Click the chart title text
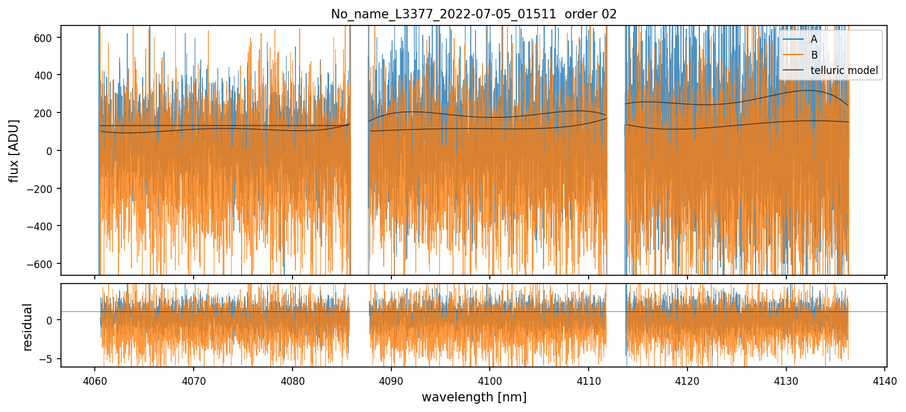[x=474, y=14]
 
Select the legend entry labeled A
[x=814, y=39]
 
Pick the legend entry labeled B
[x=814, y=55]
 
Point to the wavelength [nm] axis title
[x=474, y=397]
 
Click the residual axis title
[x=27, y=326]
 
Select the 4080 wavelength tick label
[x=292, y=379]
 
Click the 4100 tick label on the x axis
[x=490, y=379]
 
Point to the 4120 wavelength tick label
[x=687, y=379]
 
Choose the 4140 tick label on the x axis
[x=885, y=379]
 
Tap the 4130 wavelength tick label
[x=786, y=379]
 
